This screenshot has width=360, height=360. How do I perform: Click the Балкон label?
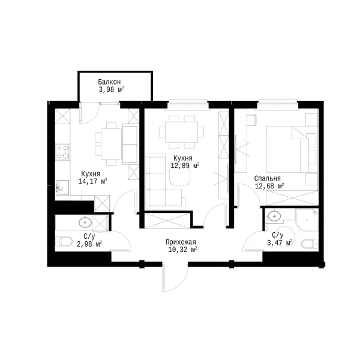[109, 82]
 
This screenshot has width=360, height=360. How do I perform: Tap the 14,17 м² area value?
[93, 181]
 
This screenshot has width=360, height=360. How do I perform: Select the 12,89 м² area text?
[185, 166]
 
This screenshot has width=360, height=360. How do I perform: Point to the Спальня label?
[267, 178]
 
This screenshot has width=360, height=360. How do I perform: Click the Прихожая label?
[181, 242]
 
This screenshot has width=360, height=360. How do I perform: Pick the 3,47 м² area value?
[280, 242]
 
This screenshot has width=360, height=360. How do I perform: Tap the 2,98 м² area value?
[89, 244]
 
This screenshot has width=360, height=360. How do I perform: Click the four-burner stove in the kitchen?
[62, 152]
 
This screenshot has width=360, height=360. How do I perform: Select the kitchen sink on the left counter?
[62, 187]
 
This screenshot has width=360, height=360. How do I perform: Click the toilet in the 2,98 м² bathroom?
[64, 242]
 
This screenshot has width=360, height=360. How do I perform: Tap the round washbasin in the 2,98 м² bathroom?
[85, 222]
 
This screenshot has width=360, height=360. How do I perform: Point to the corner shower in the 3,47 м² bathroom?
[306, 220]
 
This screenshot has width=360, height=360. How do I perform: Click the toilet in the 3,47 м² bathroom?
[309, 244]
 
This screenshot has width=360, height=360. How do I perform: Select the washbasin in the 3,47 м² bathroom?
[274, 216]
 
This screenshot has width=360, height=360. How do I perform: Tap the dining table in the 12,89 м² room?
[181, 132]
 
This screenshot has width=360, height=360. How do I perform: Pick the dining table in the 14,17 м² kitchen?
[111, 144]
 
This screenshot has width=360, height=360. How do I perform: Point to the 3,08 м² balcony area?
[112, 89]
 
